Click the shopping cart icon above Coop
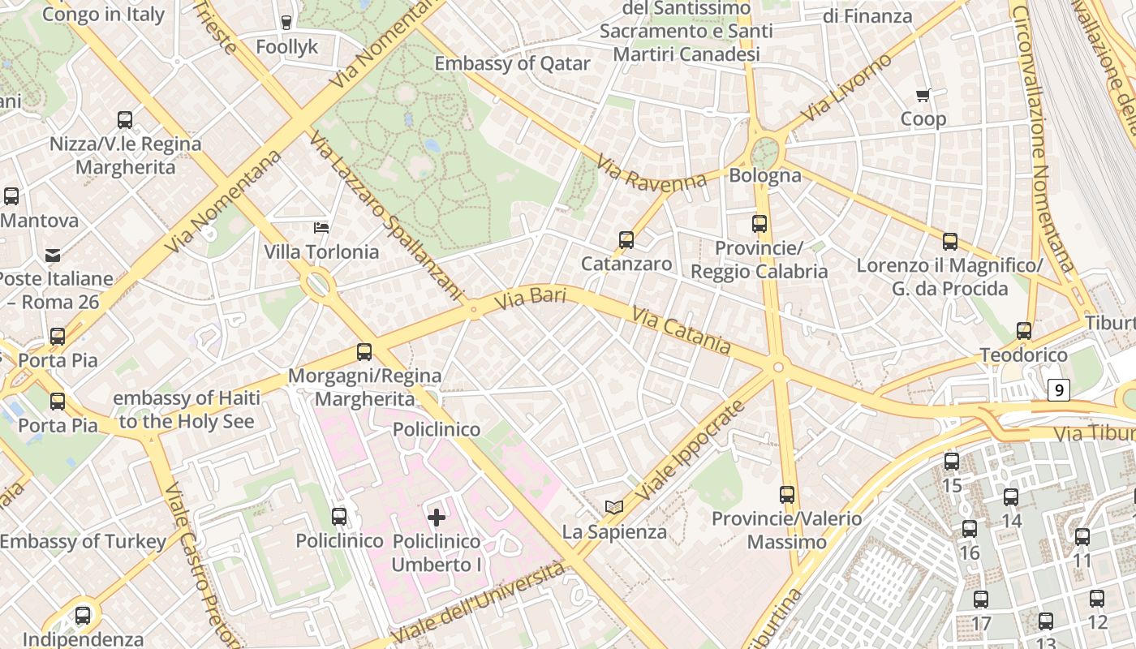923,96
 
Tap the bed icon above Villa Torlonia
321,227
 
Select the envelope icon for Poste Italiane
53,255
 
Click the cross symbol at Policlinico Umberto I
437,517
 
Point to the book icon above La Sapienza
614,508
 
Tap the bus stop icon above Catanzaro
626,239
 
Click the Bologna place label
764,175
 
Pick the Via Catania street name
681,331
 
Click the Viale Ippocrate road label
690,450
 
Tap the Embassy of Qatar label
512,63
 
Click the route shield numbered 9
1058,390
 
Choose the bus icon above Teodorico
1023,331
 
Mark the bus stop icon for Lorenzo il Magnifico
949,241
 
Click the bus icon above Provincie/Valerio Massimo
786,494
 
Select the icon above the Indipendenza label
83,616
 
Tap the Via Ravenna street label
652,171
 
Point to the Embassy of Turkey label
83,541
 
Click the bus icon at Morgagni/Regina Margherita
364,352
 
